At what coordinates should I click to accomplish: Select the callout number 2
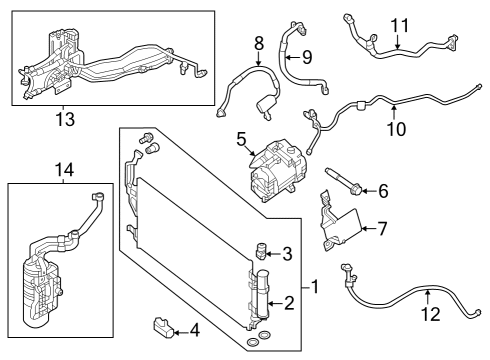289,302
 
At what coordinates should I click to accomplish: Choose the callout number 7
381,229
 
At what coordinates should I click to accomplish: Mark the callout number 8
258,43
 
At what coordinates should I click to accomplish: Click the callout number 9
307,56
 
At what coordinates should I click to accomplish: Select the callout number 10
396,128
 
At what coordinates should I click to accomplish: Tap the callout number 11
400,24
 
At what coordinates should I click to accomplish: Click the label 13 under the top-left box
67,119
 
